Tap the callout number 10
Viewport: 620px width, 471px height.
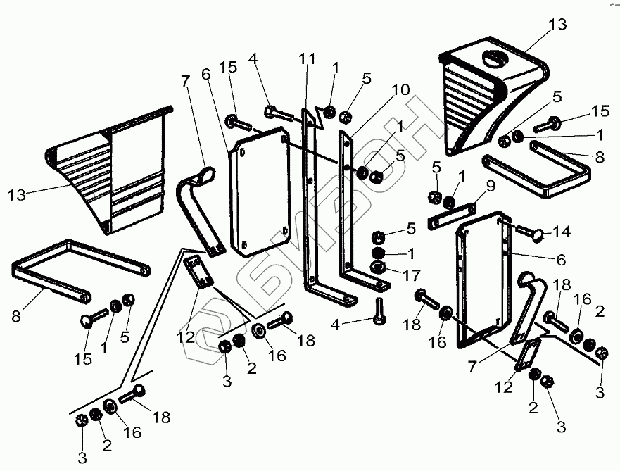pos(401,91)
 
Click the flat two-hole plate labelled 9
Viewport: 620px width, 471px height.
pos(453,214)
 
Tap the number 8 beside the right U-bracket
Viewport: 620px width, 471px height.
pos(599,158)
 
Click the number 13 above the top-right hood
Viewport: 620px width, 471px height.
pos(557,25)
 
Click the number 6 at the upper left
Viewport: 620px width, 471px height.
pos(206,74)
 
